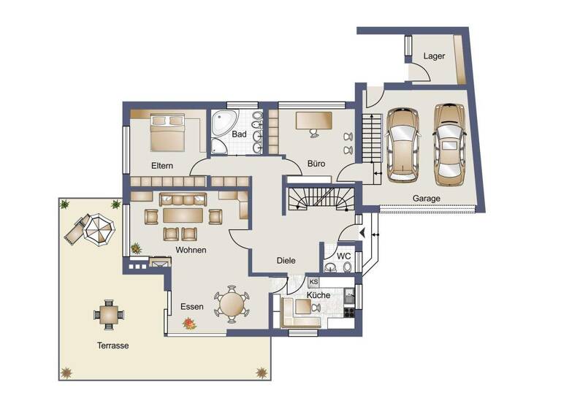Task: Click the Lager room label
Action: click(434, 56)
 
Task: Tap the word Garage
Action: click(426, 198)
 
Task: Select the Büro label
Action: click(316, 164)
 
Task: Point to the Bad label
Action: click(240, 134)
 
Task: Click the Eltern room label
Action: click(162, 166)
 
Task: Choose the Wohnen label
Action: click(191, 250)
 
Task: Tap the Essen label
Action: click(191, 307)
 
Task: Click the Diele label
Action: click(286, 261)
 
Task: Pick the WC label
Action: click(344, 256)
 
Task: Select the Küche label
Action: click(318, 295)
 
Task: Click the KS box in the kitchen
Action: click(314, 281)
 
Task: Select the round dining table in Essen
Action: click(232, 303)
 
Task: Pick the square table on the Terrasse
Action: click(109, 314)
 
